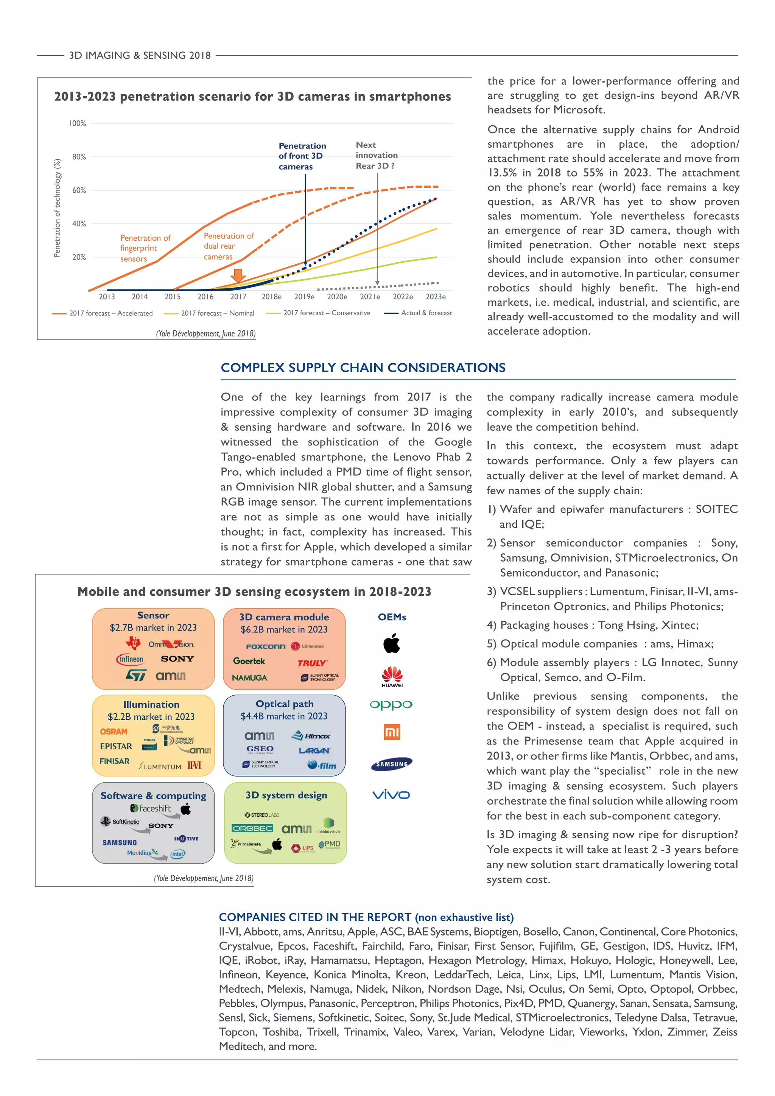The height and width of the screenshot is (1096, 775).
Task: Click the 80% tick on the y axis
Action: click(x=79, y=157)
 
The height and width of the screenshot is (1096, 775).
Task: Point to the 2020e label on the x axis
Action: click(x=337, y=296)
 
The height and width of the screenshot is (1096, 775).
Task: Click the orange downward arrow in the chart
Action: click(x=238, y=276)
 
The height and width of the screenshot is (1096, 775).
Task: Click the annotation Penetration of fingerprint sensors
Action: click(x=145, y=248)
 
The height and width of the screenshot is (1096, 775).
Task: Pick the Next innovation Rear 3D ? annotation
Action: click(x=376, y=155)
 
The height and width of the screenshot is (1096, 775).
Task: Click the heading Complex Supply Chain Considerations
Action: click(x=363, y=367)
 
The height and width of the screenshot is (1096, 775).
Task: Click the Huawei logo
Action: click(x=392, y=676)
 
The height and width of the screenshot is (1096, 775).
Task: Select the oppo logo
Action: click(x=391, y=705)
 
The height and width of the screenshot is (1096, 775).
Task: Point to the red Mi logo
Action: click(x=392, y=732)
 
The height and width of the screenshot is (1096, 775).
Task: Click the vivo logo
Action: click(x=391, y=795)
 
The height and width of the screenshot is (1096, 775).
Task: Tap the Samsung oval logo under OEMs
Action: click(x=391, y=764)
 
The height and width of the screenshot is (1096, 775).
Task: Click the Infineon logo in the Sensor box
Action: click(x=130, y=659)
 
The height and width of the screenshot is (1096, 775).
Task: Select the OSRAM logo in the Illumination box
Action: click(x=114, y=731)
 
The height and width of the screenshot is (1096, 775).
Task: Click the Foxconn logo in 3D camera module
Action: click(x=266, y=646)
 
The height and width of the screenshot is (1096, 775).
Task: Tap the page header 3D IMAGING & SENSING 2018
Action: click(x=140, y=55)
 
